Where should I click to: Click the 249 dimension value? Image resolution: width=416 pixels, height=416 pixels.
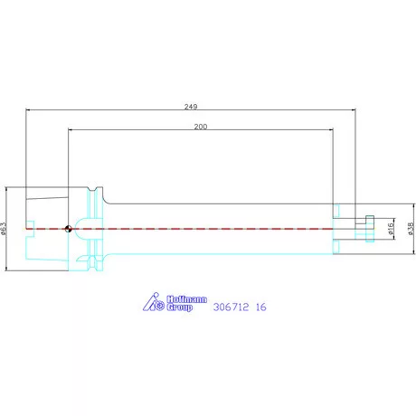[x=191, y=107]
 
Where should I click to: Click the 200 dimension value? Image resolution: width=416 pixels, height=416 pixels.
[x=201, y=127]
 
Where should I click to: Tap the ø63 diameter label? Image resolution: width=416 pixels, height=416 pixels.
[x=3, y=229]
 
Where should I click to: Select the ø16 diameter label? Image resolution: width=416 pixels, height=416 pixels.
[x=391, y=229]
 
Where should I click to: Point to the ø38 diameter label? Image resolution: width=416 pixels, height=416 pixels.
[x=411, y=229]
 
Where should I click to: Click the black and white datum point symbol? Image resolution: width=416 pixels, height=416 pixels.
[x=69, y=229]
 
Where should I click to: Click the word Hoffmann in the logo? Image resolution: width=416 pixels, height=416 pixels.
[x=187, y=299]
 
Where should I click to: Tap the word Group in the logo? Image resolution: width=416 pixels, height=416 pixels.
[x=180, y=307]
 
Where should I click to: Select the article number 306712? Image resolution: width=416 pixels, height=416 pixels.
[x=232, y=307]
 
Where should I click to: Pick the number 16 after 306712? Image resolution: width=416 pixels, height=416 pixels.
[x=261, y=307]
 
